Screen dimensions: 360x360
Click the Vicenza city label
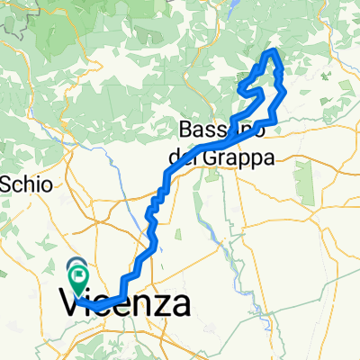(125, 302)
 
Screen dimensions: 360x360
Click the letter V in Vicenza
(70, 303)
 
